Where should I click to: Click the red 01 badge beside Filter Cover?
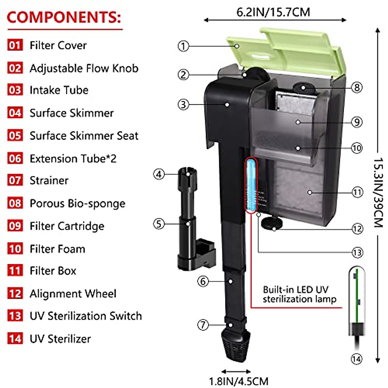pyautogui.click(x=15, y=45)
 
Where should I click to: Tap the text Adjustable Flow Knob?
pyautogui.click(x=84, y=68)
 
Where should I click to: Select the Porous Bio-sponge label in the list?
pyautogui.click(x=77, y=203)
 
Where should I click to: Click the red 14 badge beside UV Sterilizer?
pyautogui.click(x=15, y=339)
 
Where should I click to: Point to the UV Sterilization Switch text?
pyautogui.click(x=86, y=316)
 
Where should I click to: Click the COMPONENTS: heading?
pyautogui.click(x=64, y=17)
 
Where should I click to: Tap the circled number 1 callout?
pyautogui.click(x=183, y=46)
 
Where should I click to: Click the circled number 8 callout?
pyautogui.click(x=357, y=87)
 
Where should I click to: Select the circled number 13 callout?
pyautogui.click(x=357, y=253)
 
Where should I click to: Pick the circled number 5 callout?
pyautogui.click(x=158, y=224)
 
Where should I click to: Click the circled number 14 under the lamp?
pyautogui.click(x=356, y=359)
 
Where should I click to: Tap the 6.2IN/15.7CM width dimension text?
pyautogui.click(x=273, y=12)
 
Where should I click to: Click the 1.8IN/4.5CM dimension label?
pyautogui.click(x=239, y=381)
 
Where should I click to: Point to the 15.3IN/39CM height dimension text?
pyautogui.click(x=379, y=192)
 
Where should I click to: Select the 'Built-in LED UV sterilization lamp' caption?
pyautogui.click(x=299, y=294)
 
